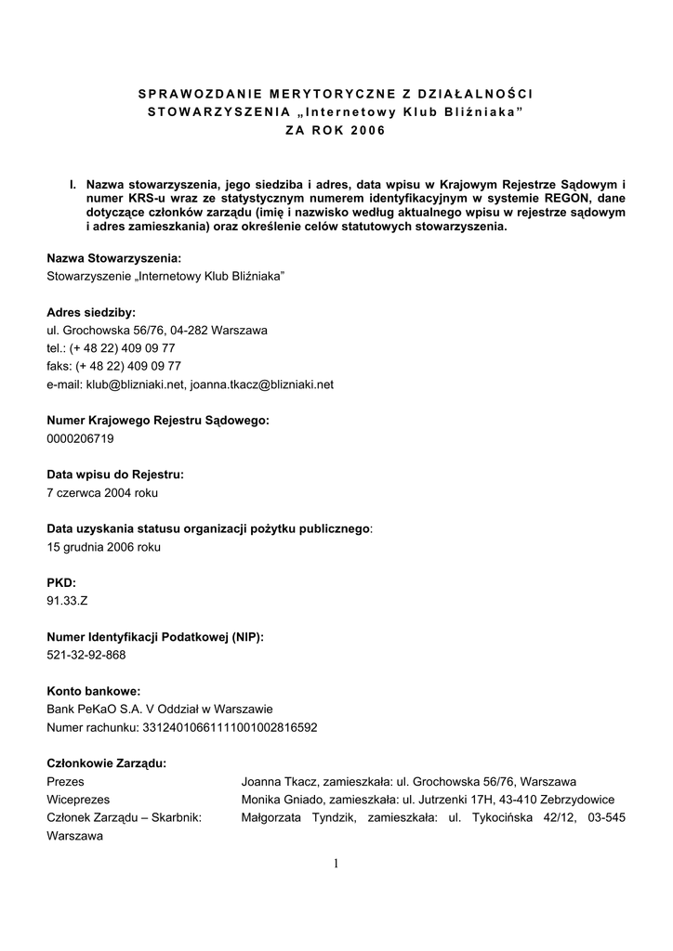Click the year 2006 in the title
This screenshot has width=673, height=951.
coord(366,130)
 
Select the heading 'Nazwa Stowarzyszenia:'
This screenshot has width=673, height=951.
coord(113,257)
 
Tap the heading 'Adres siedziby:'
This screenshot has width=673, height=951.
coord(91,312)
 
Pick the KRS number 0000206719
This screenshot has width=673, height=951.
coord(81,438)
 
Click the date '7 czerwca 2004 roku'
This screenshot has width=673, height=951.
coord(102,492)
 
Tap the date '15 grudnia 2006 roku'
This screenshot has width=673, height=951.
coord(103,547)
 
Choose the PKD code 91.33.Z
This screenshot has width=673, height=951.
coord(68,601)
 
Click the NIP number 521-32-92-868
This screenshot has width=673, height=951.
coord(86,655)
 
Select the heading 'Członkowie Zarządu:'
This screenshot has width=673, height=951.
coord(107,763)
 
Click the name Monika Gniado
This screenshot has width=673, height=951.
coord(283,800)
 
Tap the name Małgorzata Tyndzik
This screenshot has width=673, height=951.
coord(296,817)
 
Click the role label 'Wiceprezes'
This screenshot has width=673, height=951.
coord(78,800)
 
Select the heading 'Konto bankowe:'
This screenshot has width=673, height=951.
coord(93,691)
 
